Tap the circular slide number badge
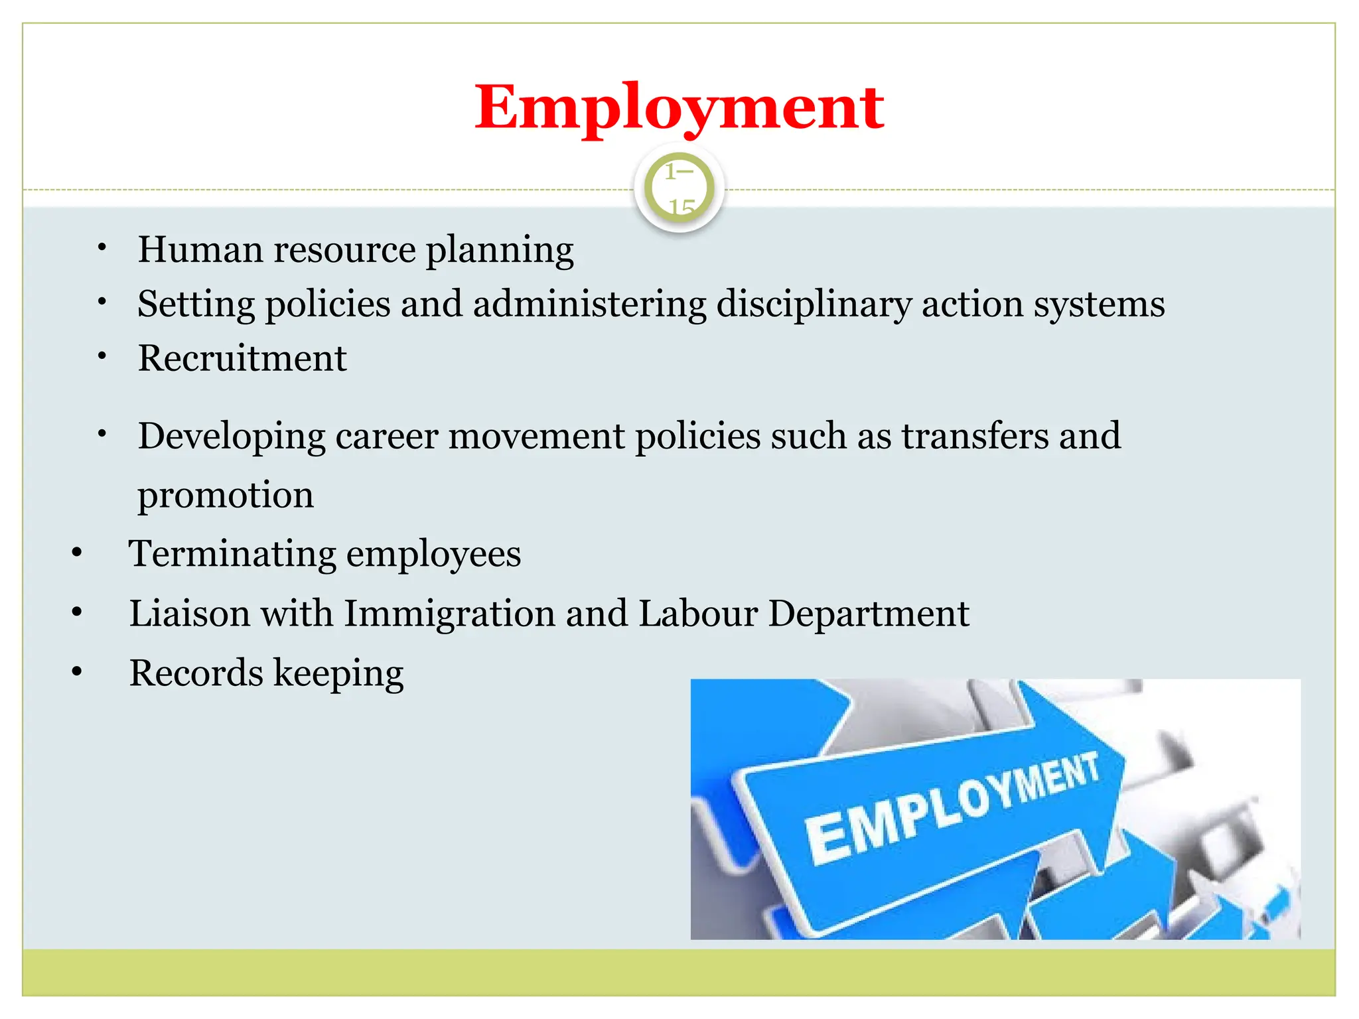[x=679, y=189]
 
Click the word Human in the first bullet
[x=200, y=249]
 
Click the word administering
[x=590, y=305]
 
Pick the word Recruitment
[x=242, y=358]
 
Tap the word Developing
[x=232, y=437]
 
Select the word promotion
[x=226, y=496]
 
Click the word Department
[x=869, y=614]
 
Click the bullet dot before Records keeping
[x=77, y=672]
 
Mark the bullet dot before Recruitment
[x=102, y=357]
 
